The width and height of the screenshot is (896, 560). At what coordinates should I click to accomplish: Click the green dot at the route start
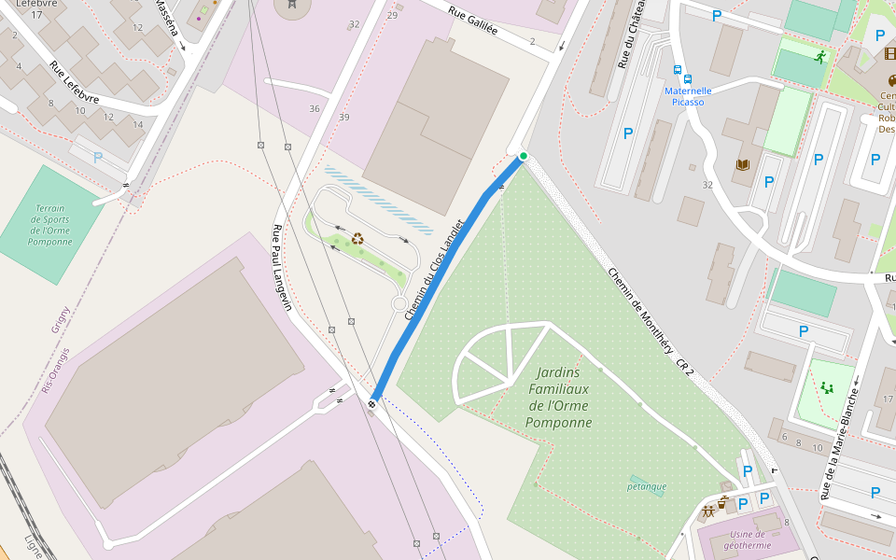524,156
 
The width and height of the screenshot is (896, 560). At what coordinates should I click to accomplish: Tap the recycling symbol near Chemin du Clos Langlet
357,238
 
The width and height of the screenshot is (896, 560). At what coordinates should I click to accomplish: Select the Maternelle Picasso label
688,96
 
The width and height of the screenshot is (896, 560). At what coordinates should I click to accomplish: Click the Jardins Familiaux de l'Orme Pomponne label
560,397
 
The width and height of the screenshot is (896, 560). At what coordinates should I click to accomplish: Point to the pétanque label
647,486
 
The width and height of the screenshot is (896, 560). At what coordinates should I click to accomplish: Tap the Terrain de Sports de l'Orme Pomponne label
50,225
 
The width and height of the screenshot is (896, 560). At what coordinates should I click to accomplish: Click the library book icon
743,165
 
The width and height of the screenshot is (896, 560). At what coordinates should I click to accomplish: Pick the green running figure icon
819,58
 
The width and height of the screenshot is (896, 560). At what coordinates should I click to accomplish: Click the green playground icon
826,387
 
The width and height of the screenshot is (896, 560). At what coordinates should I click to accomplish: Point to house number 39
344,117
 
